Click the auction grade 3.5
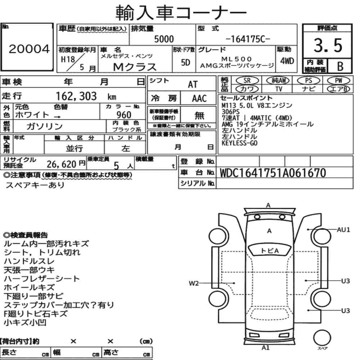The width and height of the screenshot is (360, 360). [328, 45]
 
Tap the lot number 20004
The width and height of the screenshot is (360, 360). [29, 49]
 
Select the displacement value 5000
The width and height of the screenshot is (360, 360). [164, 39]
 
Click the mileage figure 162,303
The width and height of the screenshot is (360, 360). [76, 96]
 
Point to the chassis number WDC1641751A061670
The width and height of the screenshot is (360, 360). [273, 173]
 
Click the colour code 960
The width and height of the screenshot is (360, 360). [124, 115]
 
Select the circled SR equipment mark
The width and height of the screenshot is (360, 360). [247, 80]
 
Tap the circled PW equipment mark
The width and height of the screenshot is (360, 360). [338, 80]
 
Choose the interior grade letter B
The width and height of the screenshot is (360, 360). [340, 66]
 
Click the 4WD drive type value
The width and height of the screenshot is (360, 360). [287, 61]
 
